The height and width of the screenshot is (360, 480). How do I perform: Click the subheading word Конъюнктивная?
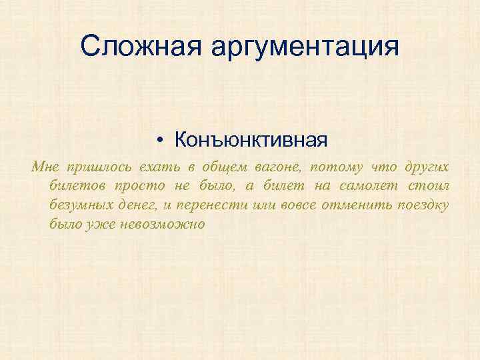(251, 140)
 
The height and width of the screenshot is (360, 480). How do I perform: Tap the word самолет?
(366, 185)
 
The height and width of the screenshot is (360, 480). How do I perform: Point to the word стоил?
(430, 185)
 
